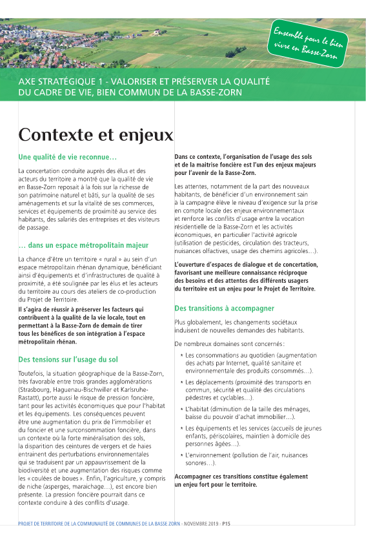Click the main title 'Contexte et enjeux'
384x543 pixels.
pos(96,135)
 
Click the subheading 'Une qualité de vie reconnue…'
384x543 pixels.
pos(67,157)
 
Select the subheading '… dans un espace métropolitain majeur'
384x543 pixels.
pos(83,245)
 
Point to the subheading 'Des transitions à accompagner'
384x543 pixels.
pos(224,309)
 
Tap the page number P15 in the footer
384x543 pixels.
pos(227,524)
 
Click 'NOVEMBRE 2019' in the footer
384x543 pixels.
pos(201,524)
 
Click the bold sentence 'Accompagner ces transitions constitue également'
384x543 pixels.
pos(241,476)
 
